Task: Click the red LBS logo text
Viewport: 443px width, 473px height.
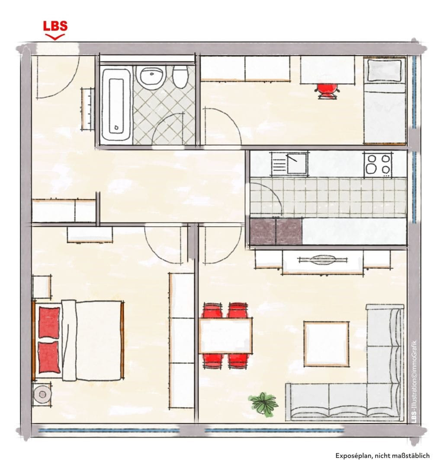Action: (55, 26)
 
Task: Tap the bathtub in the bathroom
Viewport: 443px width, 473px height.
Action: (116, 105)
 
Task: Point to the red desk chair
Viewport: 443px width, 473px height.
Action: (327, 90)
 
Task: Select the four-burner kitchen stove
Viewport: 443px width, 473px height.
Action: (378, 165)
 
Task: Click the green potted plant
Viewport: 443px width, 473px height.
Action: (264, 404)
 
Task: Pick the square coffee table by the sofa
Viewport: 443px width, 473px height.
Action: (326, 344)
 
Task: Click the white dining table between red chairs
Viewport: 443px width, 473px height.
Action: (225, 336)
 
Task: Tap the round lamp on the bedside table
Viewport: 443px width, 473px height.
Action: (42, 394)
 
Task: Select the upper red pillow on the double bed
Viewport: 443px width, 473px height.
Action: (49, 323)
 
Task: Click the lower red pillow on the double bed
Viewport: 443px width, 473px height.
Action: (49, 357)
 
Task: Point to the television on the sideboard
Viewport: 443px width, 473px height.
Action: (322, 260)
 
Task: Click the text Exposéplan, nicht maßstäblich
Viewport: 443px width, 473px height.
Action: (382, 455)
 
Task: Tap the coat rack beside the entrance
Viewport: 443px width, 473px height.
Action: (88, 109)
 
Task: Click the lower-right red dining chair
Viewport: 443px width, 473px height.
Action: (239, 361)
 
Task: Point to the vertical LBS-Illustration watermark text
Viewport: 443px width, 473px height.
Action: (414, 381)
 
